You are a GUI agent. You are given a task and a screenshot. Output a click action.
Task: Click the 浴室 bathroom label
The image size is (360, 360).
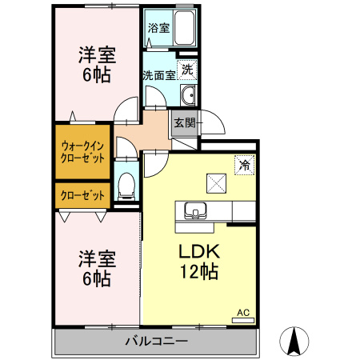coord(158,28)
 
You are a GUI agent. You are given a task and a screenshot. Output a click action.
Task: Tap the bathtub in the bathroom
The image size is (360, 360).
coord(184,29)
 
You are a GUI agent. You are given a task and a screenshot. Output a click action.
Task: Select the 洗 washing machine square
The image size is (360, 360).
coord(186,70)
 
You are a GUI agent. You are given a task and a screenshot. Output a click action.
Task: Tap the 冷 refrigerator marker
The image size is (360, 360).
coord(242,165)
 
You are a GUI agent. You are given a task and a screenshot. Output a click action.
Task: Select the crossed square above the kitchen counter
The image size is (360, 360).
coord(216,183)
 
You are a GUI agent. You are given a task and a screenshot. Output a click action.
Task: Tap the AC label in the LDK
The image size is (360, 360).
coord(242,312)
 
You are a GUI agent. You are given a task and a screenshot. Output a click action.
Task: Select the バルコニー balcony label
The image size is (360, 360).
coord(156,342)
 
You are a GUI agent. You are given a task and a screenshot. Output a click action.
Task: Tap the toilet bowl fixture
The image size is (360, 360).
coord(126,187)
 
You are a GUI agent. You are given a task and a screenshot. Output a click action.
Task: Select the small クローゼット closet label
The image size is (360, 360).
coord(82,195)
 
